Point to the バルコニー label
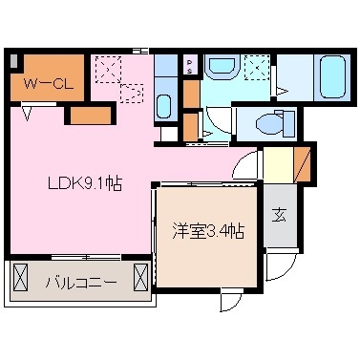[80, 283]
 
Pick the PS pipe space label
[190, 67]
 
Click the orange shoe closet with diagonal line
[303, 163]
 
